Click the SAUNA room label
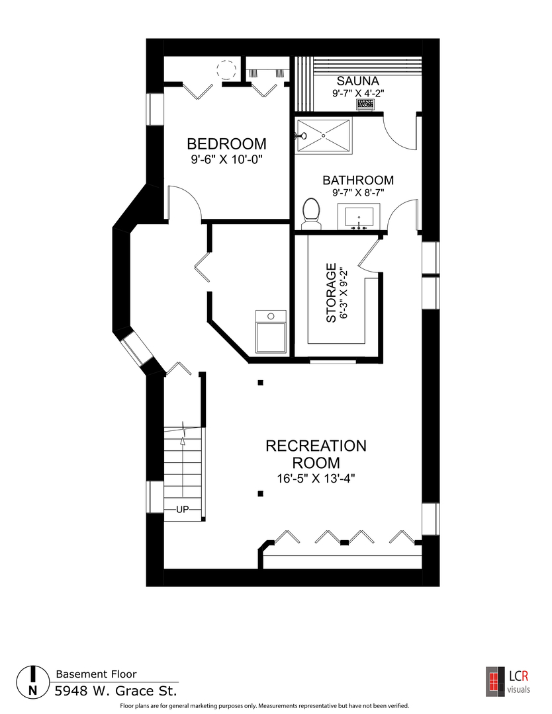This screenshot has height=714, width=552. [358, 81]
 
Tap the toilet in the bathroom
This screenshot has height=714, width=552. [312, 214]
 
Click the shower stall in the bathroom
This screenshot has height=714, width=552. [323, 136]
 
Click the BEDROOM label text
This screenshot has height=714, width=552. [226, 144]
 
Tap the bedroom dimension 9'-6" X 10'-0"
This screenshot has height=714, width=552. [227, 160]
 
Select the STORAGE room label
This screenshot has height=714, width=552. [332, 293]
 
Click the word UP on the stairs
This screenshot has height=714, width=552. [182, 510]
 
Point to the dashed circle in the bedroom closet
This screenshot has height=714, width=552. [226, 70]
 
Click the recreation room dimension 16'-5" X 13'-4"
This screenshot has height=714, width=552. [316, 479]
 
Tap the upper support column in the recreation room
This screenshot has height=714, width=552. [260, 383]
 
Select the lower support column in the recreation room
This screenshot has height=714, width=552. [260, 493]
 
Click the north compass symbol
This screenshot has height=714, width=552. [33, 682]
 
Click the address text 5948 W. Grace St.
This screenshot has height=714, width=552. [116, 692]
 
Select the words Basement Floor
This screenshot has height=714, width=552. [96, 674]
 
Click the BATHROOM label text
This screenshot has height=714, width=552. [358, 180]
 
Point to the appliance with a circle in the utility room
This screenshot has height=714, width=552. [271, 331]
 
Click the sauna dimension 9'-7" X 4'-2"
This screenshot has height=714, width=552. [358, 93]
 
